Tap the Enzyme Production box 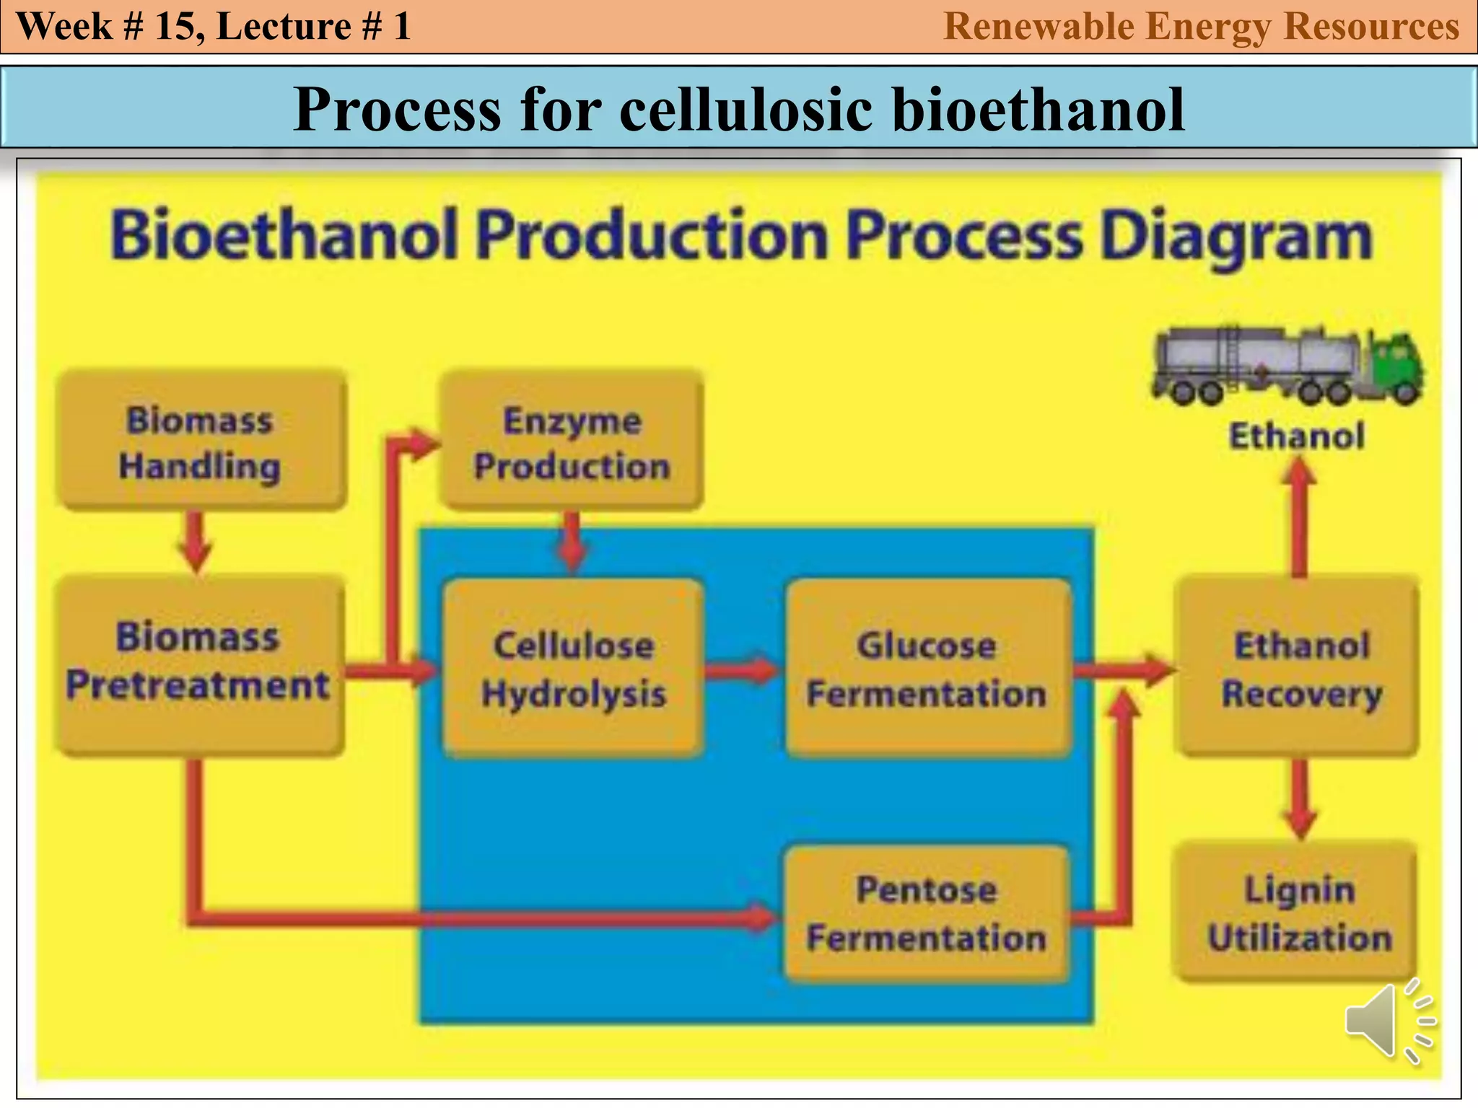point(572,441)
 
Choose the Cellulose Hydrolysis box point(573,668)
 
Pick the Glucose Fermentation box point(927,668)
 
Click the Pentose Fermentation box point(927,913)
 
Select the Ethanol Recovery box point(1300,668)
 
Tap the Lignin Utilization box point(1299,913)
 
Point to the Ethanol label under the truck point(1297,436)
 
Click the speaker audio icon point(1386,1021)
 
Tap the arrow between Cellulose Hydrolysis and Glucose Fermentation point(742,670)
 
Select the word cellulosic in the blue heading point(746,110)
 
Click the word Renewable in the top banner point(1039,27)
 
